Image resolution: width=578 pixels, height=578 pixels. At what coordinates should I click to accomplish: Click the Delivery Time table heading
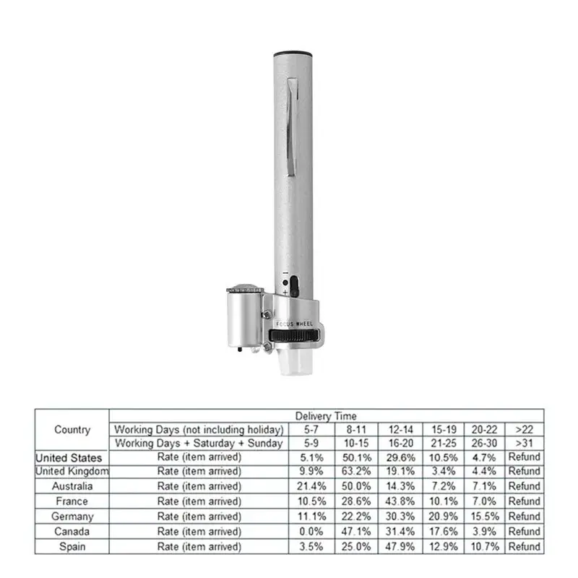tap(325, 415)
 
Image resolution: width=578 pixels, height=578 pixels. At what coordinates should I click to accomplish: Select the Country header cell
tap(72, 430)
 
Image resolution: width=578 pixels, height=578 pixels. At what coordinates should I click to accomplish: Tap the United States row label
tap(69, 457)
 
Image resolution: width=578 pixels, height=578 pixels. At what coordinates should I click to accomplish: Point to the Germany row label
tap(72, 516)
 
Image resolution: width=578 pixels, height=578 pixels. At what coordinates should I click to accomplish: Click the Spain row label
tap(72, 546)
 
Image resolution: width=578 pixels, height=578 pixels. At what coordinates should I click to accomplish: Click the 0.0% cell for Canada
tap(311, 531)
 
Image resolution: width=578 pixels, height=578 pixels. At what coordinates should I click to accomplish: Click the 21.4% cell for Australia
tap(311, 486)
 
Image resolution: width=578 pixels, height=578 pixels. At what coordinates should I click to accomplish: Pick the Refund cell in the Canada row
tap(524, 531)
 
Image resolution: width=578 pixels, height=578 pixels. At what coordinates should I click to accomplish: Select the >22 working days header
tap(524, 429)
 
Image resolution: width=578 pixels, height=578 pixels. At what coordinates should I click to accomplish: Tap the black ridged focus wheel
tap(294, 337)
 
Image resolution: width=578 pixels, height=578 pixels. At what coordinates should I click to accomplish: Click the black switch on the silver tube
tap(293, 284)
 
